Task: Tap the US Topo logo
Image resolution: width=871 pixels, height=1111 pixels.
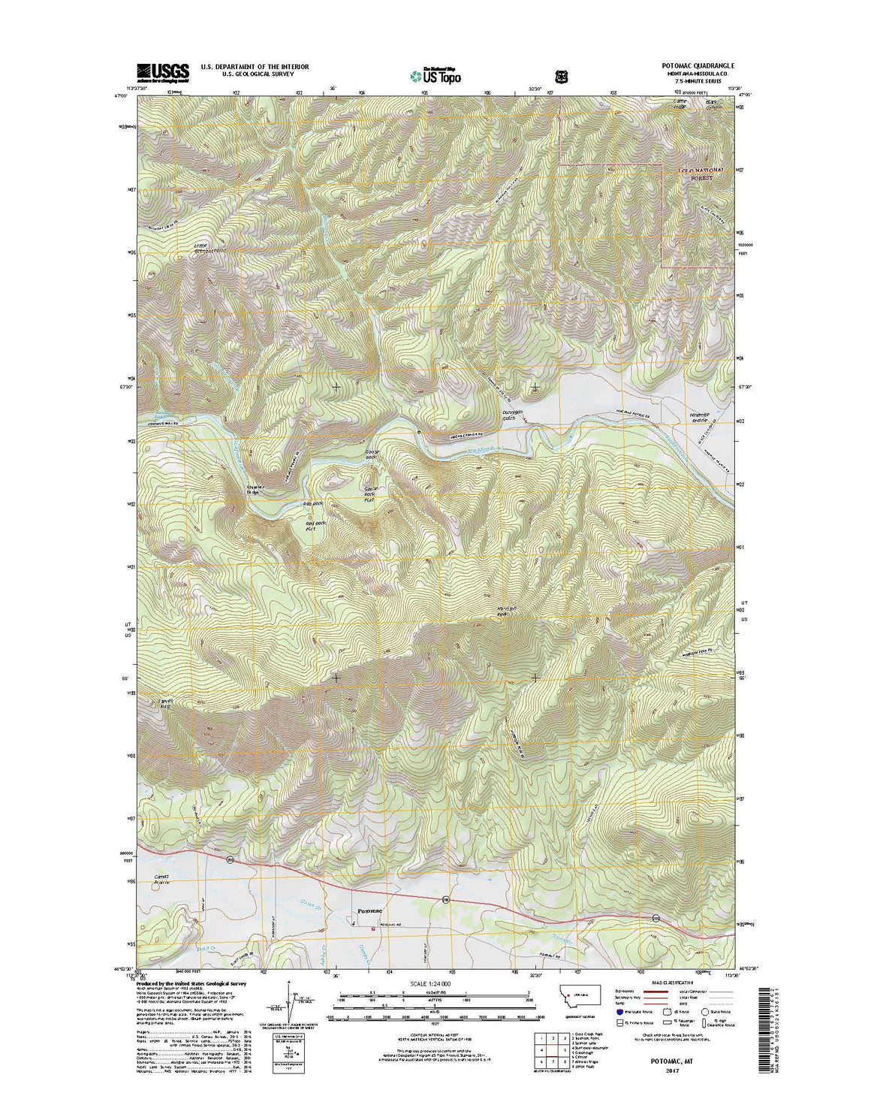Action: (x=435, y=74)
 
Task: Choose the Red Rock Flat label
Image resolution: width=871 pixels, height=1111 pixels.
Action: (x=303, y=525)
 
